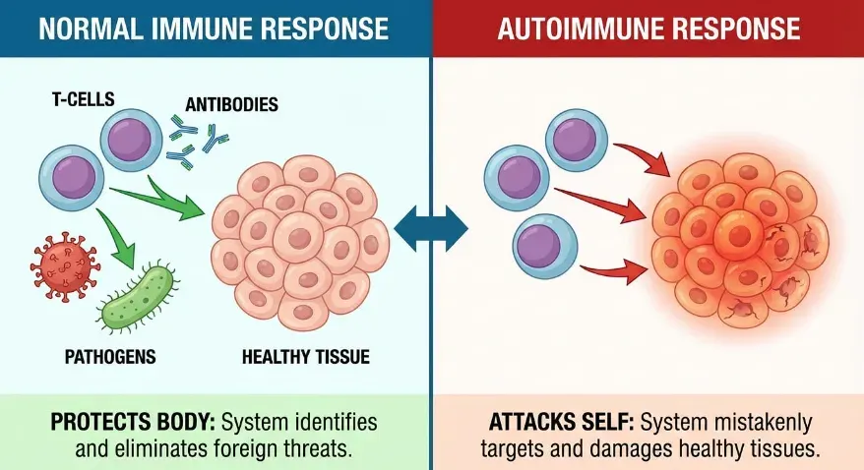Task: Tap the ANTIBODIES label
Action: pos(230,103)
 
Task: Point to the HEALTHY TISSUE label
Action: pos(306,356)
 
